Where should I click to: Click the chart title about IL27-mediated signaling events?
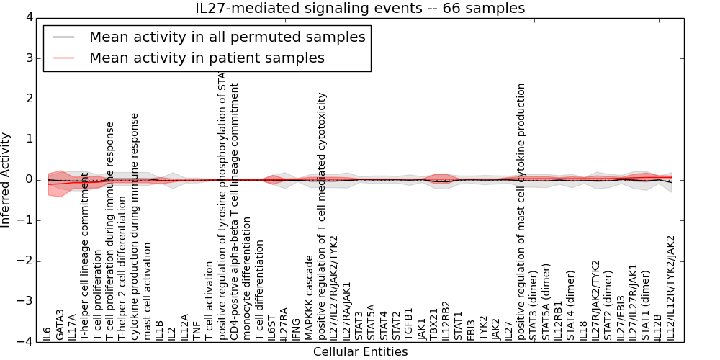[360, 8]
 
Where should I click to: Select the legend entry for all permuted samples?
[227, 37]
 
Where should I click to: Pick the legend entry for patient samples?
[207, 58]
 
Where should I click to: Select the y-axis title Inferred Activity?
[6, 179]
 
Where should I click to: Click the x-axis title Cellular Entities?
[360, 352]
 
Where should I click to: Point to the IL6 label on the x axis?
[48, 333]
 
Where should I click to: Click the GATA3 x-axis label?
[60, 325]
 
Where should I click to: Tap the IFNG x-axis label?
[296, 328]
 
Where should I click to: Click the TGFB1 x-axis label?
[408, 323]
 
